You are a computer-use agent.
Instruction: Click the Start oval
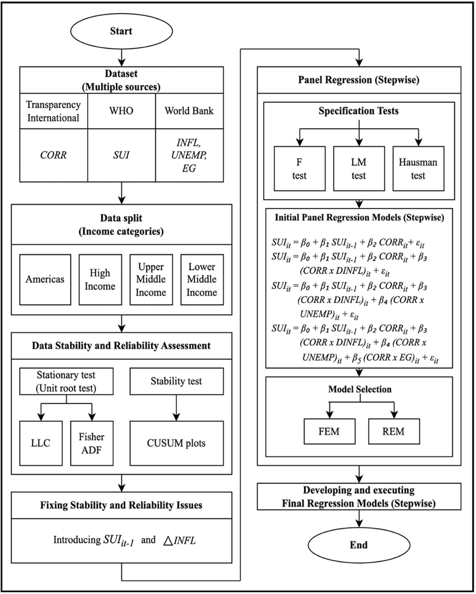point(121,31)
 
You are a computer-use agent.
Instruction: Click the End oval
point(359,545)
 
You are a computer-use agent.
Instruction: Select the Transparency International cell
point(54,111)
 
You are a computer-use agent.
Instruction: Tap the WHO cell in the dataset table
point(121,111)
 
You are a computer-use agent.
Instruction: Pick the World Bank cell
point(189,111)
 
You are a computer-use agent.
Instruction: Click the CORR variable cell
point(54,155)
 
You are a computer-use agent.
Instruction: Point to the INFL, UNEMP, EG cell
point(189,155)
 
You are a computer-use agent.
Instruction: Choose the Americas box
point(45,279)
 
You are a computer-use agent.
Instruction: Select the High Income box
point(100,279)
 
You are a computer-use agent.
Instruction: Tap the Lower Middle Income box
point(202,279)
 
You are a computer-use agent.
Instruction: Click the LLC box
point(41,443)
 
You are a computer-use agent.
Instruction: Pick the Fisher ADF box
point(92,443)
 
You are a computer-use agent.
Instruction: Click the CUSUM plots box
point(176,443)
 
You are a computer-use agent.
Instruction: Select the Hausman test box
point(418,169)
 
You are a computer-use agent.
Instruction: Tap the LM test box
point(359,169)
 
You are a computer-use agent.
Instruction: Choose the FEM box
point(329,431)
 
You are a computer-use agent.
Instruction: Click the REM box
point(394,431)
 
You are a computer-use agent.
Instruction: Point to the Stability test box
point(176,381)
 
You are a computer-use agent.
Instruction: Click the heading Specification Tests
point(359,111)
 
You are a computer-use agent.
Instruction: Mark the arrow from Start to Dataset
point(122,58)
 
